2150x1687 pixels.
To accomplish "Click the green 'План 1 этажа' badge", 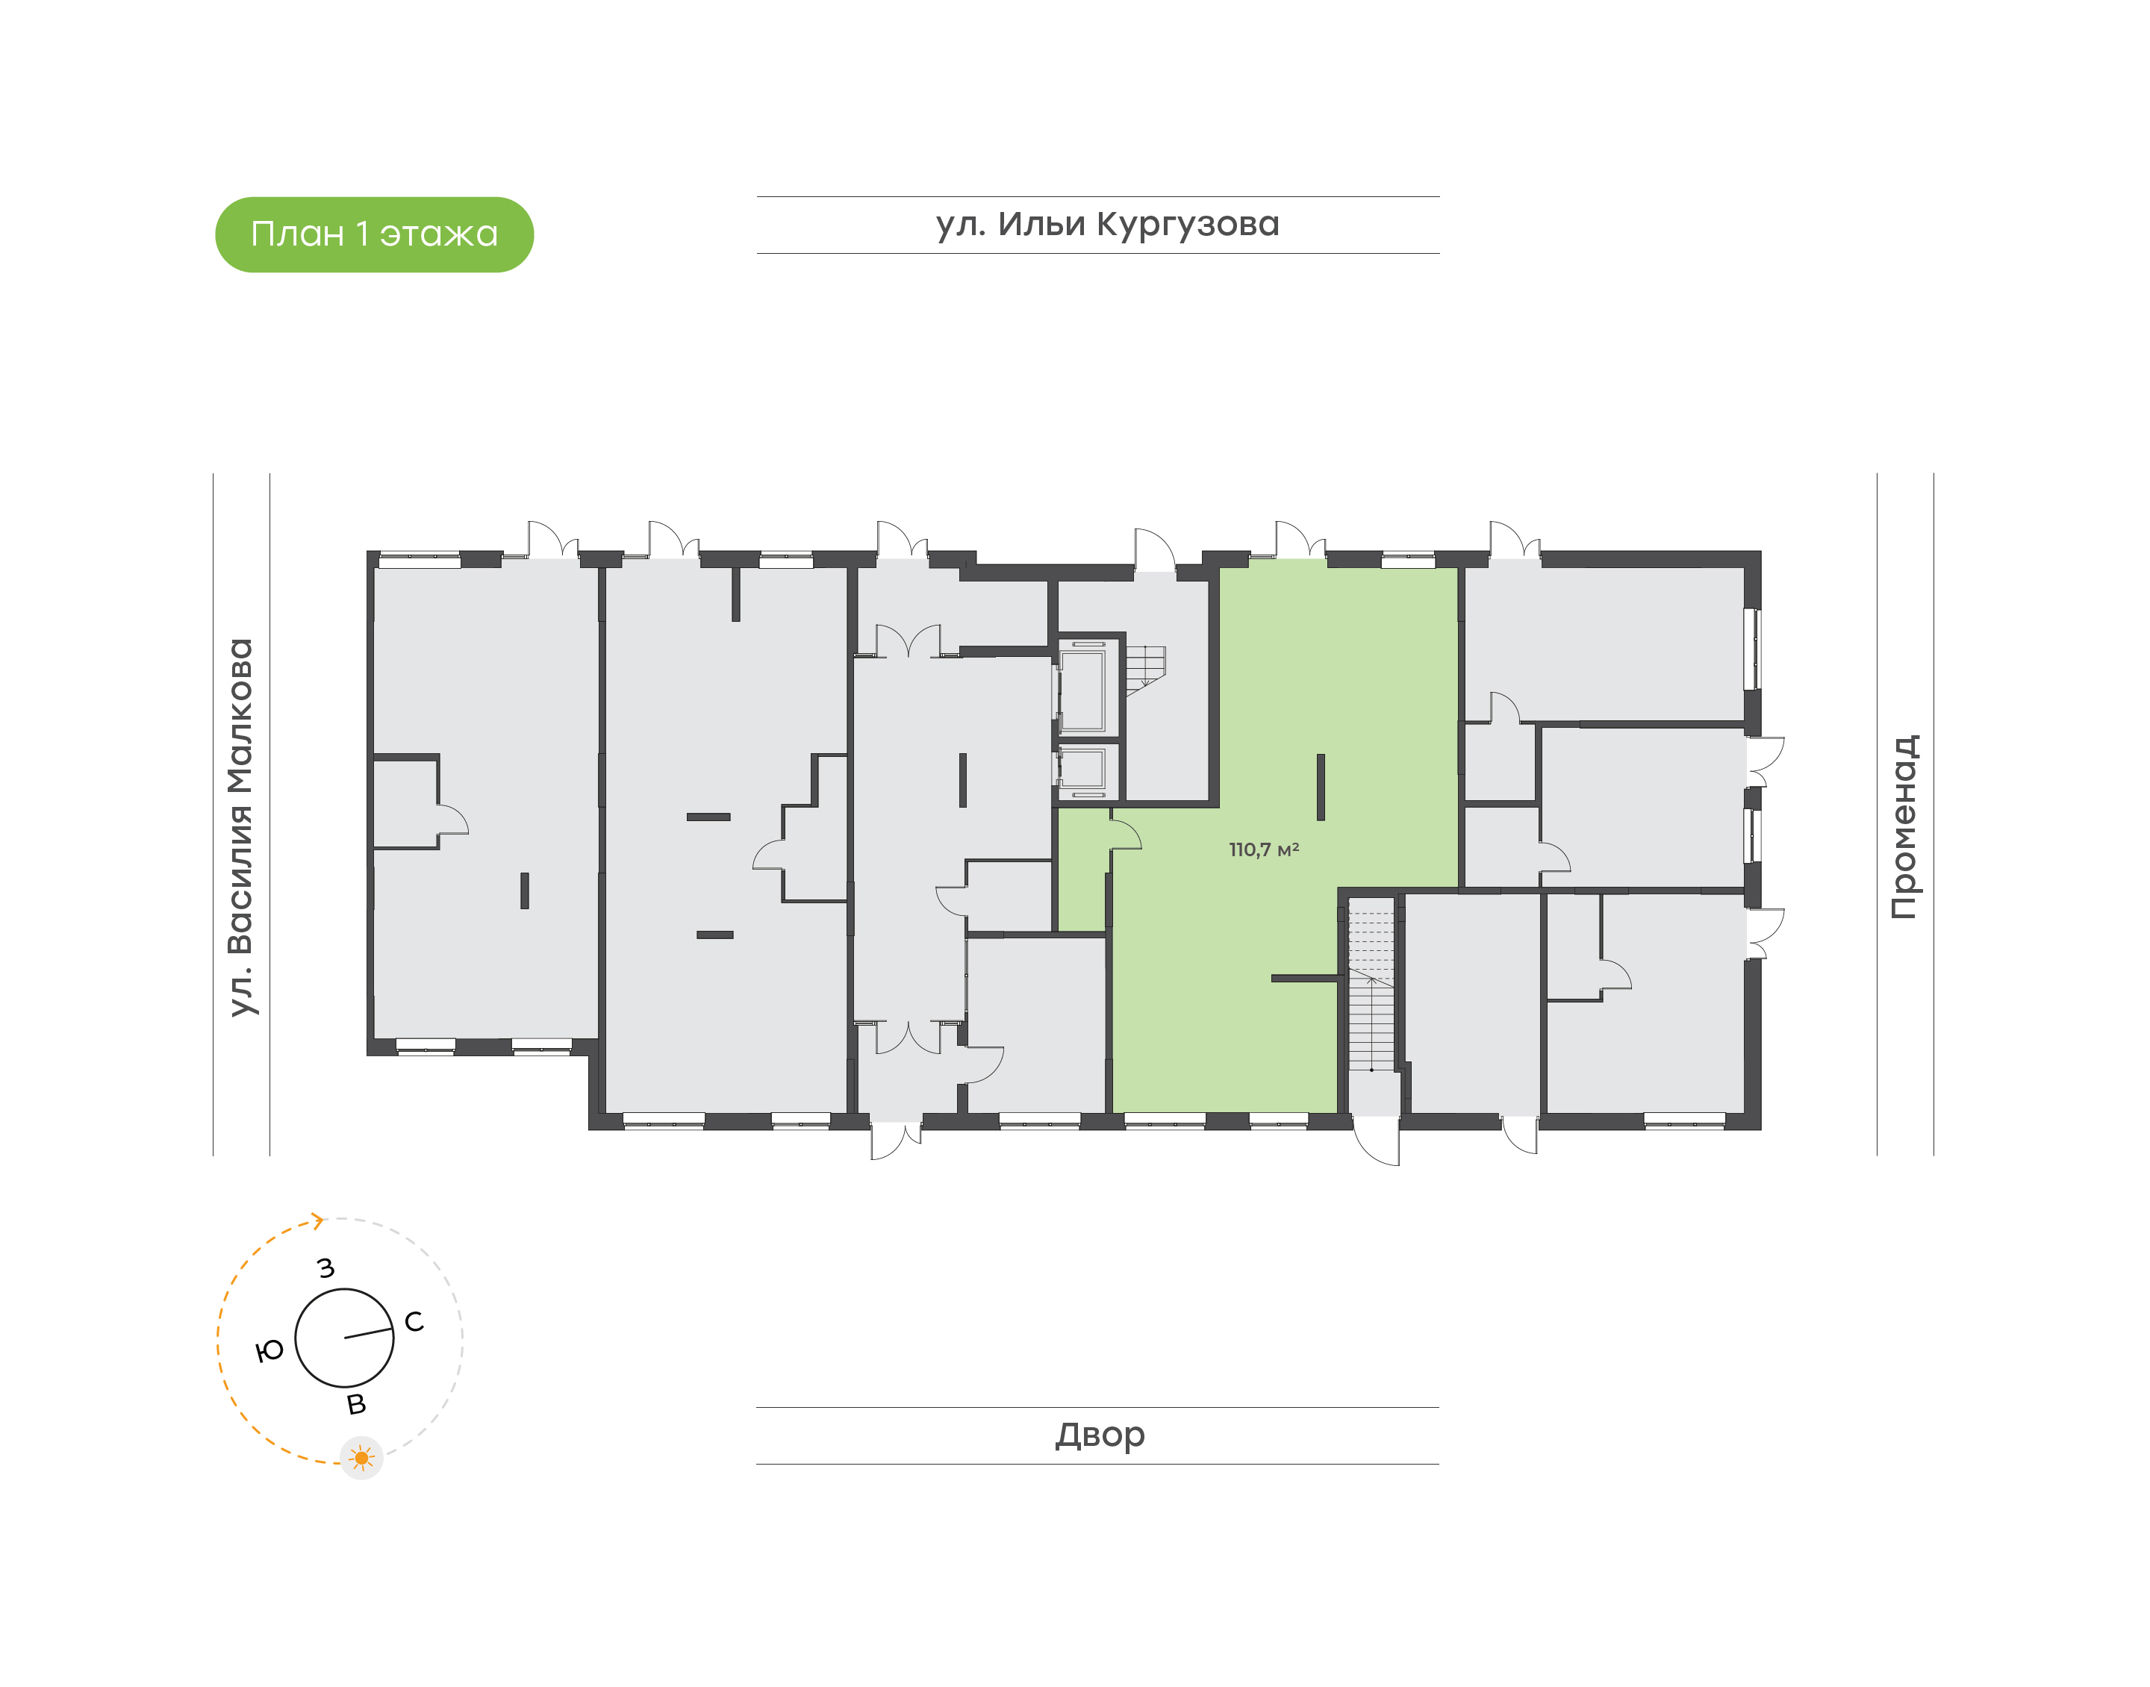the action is pos(374,234).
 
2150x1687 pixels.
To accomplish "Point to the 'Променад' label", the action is pos(1905,826).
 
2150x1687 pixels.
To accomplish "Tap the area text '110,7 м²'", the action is pos(1263,849).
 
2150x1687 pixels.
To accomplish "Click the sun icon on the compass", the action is pos(361,1458).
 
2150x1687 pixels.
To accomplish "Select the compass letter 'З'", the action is pos(326,1267).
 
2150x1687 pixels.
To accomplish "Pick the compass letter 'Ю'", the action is pos(269,1350).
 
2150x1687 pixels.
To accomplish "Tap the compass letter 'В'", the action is pos(357,1403).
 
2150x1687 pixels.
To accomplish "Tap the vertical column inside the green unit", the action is pos(1321,788).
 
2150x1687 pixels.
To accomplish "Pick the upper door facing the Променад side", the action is pos(1765,761).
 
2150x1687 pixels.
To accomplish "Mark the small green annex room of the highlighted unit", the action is pos(1082,869).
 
